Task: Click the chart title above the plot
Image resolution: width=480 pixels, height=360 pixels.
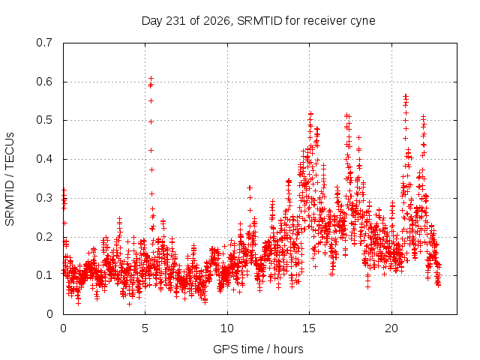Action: point(258,21)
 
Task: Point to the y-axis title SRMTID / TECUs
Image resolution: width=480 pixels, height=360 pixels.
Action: point(10,179)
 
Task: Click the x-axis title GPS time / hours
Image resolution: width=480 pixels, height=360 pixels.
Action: point(258,349)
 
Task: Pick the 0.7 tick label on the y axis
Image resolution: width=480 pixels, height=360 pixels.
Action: point(44,43)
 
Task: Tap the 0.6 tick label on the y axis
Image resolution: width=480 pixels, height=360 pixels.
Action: point(44,82)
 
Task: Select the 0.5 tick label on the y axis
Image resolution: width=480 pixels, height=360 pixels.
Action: point(44,120)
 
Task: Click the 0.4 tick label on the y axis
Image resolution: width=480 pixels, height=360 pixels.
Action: point(44,159)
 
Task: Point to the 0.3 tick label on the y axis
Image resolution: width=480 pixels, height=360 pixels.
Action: point(44,198)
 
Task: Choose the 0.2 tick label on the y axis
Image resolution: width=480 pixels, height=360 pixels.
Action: point(44,237)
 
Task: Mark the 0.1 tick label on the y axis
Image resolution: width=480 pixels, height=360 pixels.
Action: point(44,275)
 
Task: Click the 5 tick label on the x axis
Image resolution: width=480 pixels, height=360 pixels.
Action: point(145,328)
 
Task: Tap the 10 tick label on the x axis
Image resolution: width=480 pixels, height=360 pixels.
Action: point(227,328)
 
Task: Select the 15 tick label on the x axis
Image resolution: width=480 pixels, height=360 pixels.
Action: point(309,328)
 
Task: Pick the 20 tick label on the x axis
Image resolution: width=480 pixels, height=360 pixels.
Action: point(391,328)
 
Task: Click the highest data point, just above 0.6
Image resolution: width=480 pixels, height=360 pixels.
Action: point(151,79)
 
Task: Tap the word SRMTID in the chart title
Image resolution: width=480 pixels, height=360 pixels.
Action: point(259,21)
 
